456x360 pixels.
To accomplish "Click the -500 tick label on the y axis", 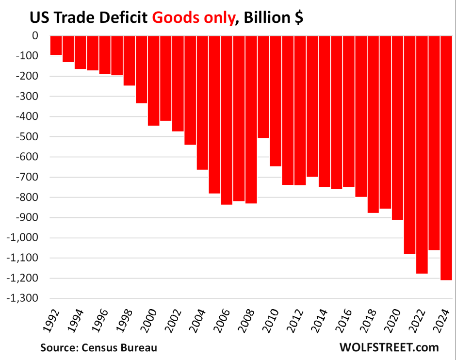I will click(x=28, y=137).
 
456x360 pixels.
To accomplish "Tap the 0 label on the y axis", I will click(x=35, y=36).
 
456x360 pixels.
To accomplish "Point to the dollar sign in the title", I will click(x=298, y=18).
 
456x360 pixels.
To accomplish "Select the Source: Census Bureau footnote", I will click(x=99, y=347).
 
